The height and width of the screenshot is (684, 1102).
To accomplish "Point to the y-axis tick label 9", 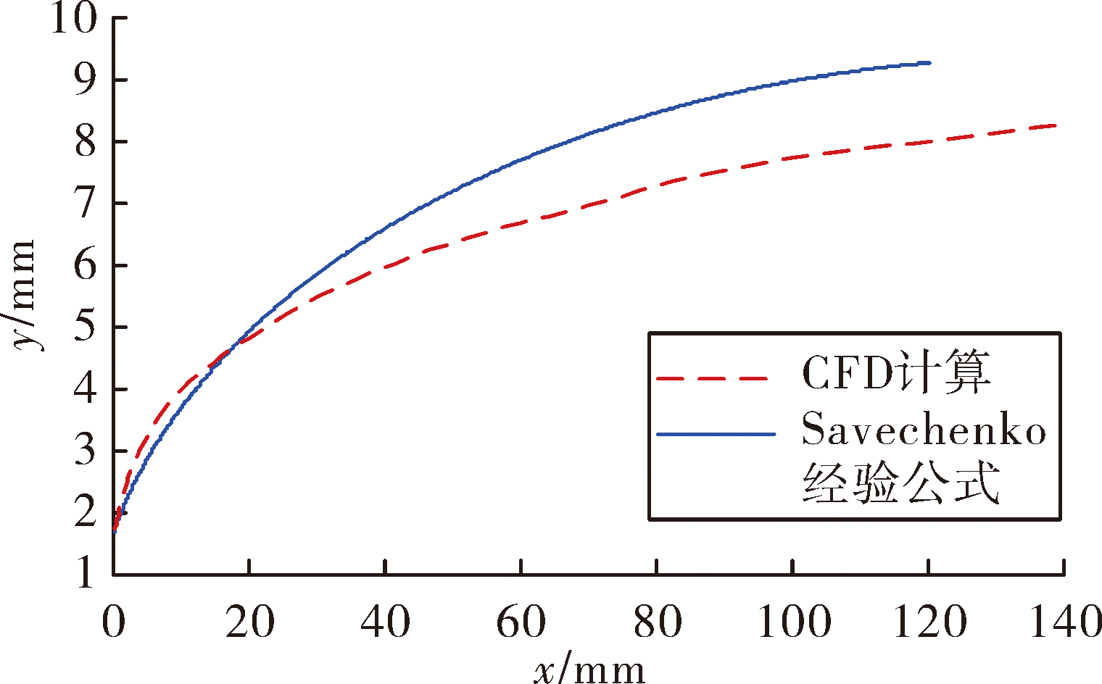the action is pyautogui.click(x=86, y=80).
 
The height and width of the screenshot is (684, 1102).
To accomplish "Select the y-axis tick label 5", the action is pyautogui.click(x=86, y=327).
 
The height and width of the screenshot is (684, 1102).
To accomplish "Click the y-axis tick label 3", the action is pyautogui.click(x=86, y=451).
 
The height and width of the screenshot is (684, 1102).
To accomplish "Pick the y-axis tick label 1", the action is pyautogui.click(x=86, y=573).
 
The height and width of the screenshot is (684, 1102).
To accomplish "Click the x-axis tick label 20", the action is pyautogui.click(x=249, y=622).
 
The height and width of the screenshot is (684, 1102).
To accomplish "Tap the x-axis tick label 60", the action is pyautogui.click(x=521, y=622).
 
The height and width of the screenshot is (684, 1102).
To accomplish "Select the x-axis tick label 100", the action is pyautogui.click(x=793, y=622).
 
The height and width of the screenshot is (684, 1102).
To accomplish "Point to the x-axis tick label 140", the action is pyautogui.click(x=1064, y=622).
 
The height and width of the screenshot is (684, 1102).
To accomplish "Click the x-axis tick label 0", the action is pyautogui.click(x=114, y=622).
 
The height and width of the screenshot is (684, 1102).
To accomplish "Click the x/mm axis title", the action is pyautogui.click(x=589, y=667).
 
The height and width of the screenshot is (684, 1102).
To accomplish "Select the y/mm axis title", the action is pyautogui.click(x=24, y=296).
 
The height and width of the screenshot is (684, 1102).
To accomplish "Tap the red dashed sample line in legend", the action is pyautogui.click(x=713, y=379).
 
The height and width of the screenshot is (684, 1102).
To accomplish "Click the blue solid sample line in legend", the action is pyautogui.click(x=716, y=434).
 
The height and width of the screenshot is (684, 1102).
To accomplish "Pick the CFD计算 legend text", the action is pyautogui.click(x=895, y=372).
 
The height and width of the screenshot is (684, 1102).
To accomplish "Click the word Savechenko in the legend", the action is pyautogui.click(x=924, y=429).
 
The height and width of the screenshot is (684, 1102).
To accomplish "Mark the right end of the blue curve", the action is pyautogui.click(x=929, y=63).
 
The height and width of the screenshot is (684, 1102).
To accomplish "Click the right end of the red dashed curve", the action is pyautogui.click(x=1056, y=125).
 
